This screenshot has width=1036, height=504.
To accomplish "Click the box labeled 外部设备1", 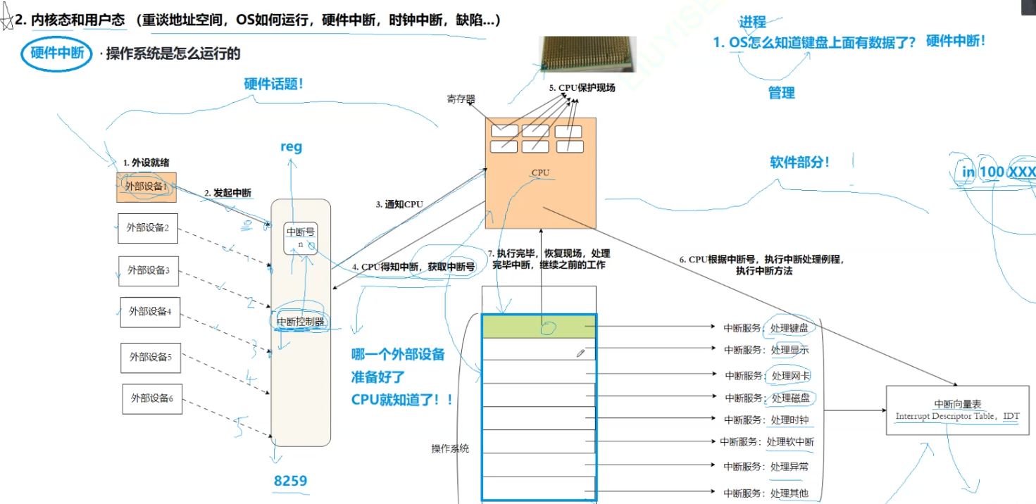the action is [146, 187].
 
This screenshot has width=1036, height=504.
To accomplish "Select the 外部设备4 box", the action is [150, 312].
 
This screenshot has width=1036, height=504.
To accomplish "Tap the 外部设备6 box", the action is [151, 398].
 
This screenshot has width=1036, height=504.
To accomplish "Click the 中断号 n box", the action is [300, 239].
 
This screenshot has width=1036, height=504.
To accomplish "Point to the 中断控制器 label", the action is [301, 322].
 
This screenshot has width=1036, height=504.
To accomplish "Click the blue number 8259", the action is [290, 481].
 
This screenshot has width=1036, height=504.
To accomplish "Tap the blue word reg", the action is [291, 146].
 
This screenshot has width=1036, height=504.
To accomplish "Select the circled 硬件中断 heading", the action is [57, 53].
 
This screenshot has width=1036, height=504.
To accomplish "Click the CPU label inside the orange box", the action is [540, 172].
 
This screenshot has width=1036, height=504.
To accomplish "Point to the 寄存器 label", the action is [461, 99].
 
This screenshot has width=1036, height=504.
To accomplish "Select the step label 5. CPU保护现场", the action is [582, 88].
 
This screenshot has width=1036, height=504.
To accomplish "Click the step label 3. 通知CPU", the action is [399, 205].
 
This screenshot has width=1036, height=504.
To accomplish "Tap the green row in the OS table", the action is [539, 326].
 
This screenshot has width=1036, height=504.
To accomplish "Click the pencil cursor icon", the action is [580, 353].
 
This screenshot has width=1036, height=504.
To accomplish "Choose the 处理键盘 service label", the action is [789, 327].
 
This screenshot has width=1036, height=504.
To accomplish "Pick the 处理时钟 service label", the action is [790, 420].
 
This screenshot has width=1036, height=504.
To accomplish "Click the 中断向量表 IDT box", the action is [956, 410].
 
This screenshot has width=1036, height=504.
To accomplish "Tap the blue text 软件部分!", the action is [799, 163].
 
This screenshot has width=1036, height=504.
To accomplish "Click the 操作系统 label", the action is [450, 448].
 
